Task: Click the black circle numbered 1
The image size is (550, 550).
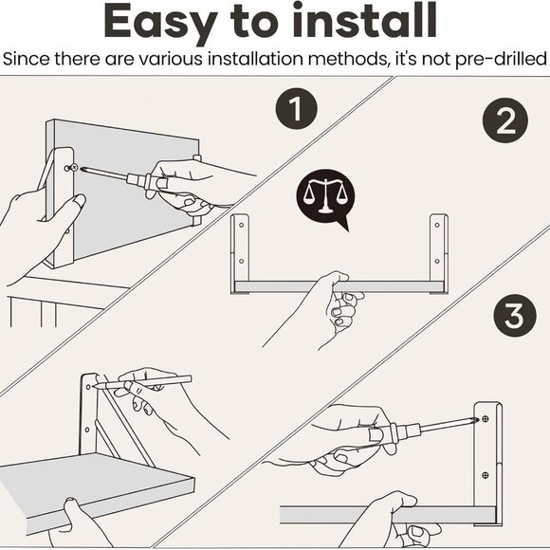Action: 298,110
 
